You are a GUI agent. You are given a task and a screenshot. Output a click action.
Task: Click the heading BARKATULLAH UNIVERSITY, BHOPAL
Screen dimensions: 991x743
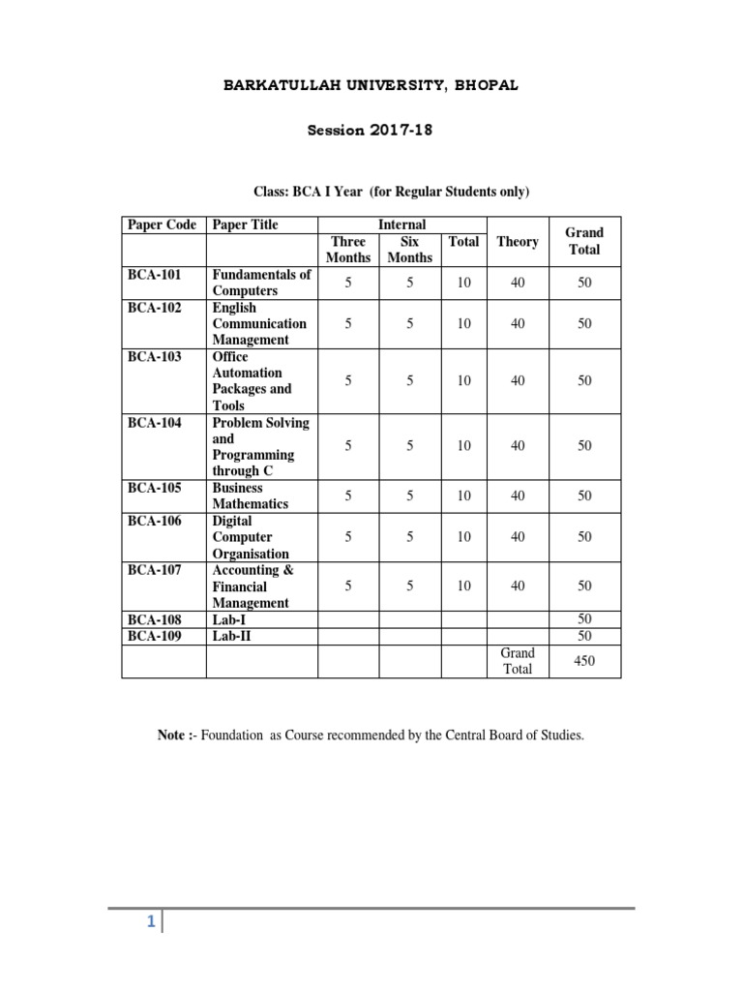[371, 85]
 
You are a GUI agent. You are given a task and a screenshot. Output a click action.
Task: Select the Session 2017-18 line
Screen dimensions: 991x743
[371, 131]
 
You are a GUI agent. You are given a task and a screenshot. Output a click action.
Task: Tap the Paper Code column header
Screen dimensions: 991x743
[163, 225]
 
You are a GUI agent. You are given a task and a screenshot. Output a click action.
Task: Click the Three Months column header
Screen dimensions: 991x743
[348, 250]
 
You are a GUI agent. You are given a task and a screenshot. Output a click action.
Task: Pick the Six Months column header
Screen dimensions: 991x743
[409, 250]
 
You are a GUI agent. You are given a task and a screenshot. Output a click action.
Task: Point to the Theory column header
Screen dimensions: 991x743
[518, 242]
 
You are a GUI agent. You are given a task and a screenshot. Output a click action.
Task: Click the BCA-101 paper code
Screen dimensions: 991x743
[155, 275]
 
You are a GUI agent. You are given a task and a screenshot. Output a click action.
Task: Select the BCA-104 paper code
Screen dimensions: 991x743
[155, 423]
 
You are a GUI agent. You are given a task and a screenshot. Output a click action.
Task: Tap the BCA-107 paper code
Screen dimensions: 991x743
[155, 570]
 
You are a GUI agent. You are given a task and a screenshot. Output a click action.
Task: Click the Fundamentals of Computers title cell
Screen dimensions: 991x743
[261, 283]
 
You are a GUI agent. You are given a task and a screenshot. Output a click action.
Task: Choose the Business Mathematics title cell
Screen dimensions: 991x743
[251, 495]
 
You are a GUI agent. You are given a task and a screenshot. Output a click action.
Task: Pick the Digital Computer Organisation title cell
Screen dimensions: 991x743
[251, 537]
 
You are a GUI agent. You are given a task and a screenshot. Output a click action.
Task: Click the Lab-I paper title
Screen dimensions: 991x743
[229, 619]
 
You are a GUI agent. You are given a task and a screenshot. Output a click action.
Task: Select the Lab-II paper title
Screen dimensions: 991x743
[232, 636]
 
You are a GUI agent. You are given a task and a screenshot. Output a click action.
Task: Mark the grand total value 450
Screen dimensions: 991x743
[584, 661]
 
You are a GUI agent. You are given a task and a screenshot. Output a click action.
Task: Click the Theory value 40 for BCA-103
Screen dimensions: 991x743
[518, 381]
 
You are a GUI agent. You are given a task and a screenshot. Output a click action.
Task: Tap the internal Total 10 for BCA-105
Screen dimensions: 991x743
[464, 495]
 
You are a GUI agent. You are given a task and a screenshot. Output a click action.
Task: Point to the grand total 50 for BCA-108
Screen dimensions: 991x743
[584, 619]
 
